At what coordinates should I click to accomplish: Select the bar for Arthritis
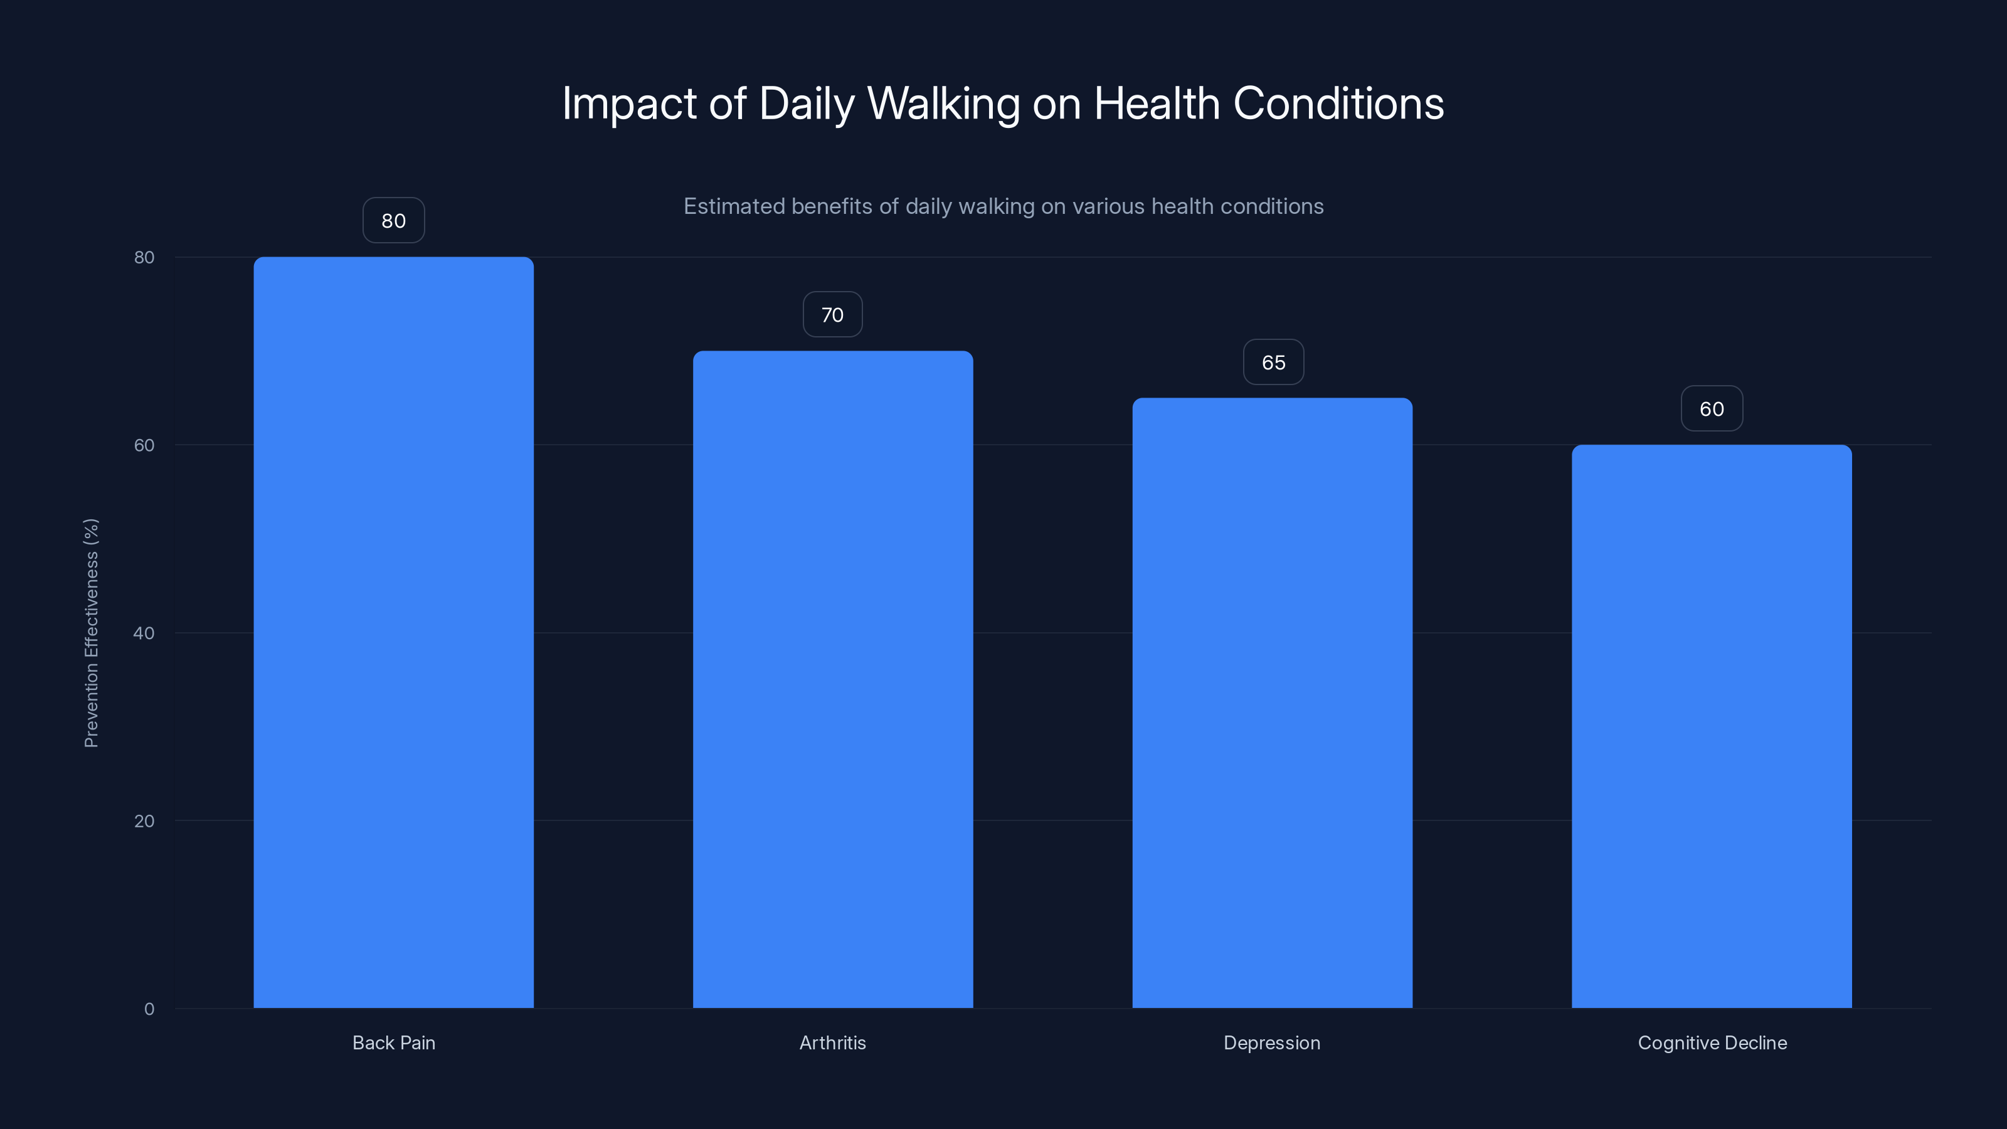pyautogui.click(x=833, y=679)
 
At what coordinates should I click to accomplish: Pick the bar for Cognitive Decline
pyautogui.click(x=1711, y=726)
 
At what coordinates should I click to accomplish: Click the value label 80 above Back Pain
pyautogui.click(x=393, y=221)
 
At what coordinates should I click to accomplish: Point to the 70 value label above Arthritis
pyautogui.click(x=832, y=315)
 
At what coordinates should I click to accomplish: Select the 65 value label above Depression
pyautogui.click(x=1273, y=363)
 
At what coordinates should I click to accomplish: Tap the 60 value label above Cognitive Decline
pyautogui.click(x=1712, y=409)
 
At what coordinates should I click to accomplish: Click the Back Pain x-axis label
pyautogui.click(x=393, y=1042)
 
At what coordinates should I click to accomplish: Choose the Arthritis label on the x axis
pyautogui.click(x=832, y=1042)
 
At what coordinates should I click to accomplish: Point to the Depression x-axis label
pyautogui.click(x=1271, y=1042)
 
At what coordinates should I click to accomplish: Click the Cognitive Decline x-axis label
pyautogui.click(x=1712, y=1042)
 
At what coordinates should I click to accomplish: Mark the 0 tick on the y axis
pyautogui.click(x=149, y=1009)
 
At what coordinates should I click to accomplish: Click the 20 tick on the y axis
pyautogui.click(x=144, y=821)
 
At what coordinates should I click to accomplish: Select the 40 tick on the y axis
pyautogui.click(x=144, y=633)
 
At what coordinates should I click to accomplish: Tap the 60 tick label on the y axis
pyautogui.click(x=144, y=445)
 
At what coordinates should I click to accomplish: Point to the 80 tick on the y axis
pyautogui.click(x=144, y=257)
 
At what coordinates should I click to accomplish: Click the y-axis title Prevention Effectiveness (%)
pyautogui.click(x=91, y=633)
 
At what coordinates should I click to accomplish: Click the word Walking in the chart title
pyautogui.click(x=943, y=103)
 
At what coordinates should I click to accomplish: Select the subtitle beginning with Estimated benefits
pyautogui.click(x=1003, y=206)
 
